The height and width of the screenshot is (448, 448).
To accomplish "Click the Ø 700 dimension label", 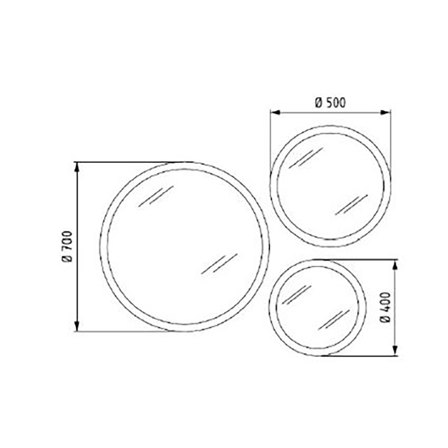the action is tap(68, 246).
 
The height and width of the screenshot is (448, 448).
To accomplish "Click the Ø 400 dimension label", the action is tap(385, 307).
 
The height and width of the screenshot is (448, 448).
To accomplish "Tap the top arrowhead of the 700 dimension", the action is tap(77, 168).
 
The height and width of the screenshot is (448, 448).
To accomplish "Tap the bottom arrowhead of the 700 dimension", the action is tap(77, 326).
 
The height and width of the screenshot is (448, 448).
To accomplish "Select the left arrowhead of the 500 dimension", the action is tap(276, 113).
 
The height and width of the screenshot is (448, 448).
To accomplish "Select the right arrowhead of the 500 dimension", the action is tap(385, 113).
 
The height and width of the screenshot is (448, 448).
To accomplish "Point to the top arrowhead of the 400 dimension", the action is tap(395, 265).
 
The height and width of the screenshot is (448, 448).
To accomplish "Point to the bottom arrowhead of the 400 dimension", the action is tap(395, 351).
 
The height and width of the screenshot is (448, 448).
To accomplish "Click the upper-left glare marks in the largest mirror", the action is tap(156, 196).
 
